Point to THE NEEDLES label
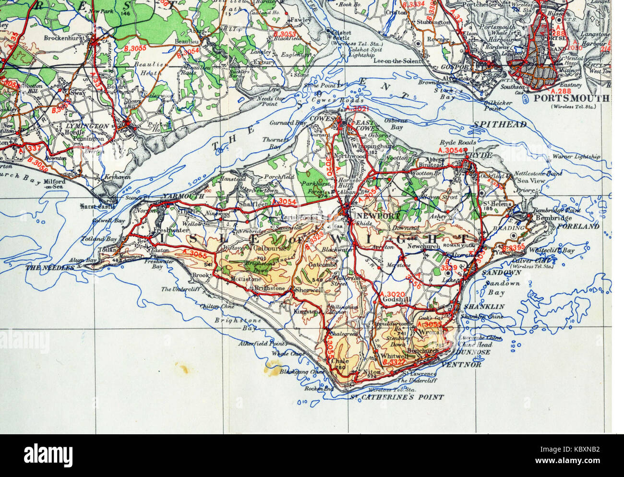pyautogui.click(x=50, y=268)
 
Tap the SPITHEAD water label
pyautogui.click(x=500, y=124)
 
